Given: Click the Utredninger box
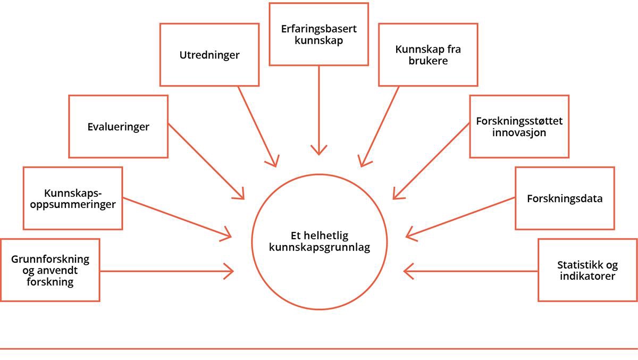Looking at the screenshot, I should tap(209, 54).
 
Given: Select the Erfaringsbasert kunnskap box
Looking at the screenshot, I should tap(318, 34).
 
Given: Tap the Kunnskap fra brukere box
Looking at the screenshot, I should tap(428, 54).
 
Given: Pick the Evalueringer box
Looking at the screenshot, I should tap(118, 127).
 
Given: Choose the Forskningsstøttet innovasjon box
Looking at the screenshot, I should tap(519, 127).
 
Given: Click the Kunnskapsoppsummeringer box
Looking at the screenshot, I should tap(73, 198).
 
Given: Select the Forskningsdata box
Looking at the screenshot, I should tap(565, 198).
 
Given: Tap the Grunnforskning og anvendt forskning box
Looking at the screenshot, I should tap(50, 270).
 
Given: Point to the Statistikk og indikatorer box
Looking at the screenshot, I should tap(587, 270).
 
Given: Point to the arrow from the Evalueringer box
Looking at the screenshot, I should tap(206, 161).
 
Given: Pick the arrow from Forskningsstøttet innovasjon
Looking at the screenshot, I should tap(432, 161).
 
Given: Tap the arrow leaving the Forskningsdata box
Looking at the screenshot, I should tap(460, 216).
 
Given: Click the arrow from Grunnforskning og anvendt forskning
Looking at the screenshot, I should tap(167, 271).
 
